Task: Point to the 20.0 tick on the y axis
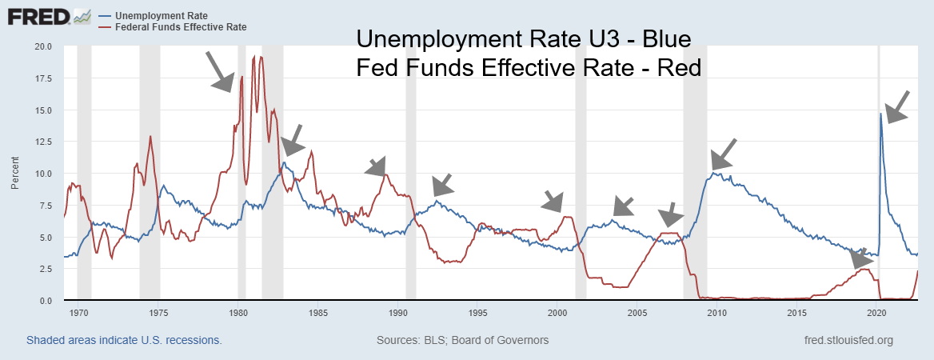41,46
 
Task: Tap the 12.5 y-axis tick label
41,142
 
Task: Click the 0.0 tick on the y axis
44,301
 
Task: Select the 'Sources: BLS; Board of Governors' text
462,340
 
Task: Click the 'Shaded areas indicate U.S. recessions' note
124,340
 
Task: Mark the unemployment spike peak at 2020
880,114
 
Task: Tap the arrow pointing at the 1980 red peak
219,70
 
